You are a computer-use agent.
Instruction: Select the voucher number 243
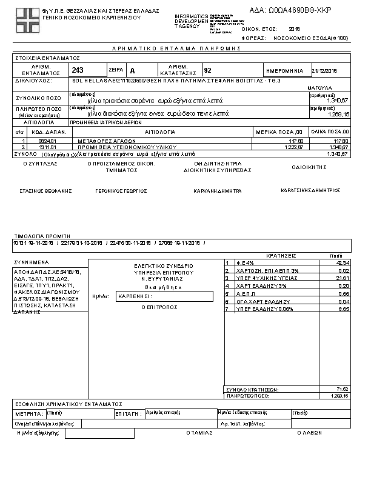point(78,70)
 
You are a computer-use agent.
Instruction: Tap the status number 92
point(208,70)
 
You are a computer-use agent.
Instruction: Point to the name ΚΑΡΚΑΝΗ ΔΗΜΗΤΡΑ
point(218,190)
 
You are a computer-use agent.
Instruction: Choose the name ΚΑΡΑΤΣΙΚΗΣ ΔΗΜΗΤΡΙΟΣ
point(310,190)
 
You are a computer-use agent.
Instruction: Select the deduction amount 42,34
point(343,262)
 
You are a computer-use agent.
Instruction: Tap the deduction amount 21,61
point(343,278)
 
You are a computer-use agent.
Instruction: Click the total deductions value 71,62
point(343,388)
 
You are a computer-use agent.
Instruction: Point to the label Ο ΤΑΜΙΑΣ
point(199,433)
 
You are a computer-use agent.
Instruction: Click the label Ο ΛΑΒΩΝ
point(309,433)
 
